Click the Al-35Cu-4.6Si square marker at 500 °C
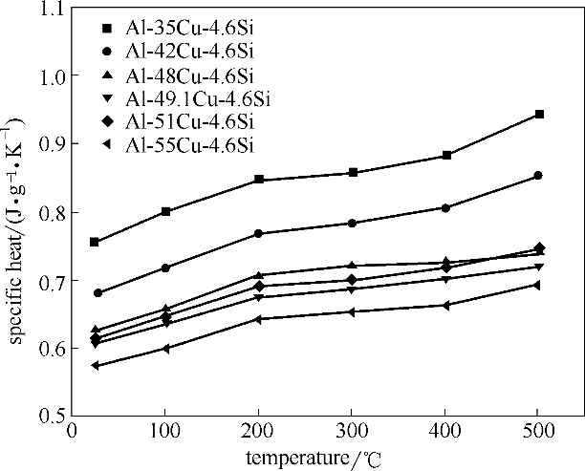(539, 115)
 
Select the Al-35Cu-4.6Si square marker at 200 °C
(259, 180)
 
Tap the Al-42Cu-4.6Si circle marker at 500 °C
(538, 176)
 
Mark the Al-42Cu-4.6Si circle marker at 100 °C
(166, 268)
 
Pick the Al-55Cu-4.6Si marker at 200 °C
(259, 319)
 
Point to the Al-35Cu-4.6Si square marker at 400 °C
(446, 155)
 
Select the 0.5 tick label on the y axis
(49, 417)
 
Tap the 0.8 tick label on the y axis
(49, 212)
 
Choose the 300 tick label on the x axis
(353, 432)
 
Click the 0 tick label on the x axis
(73, 432)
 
